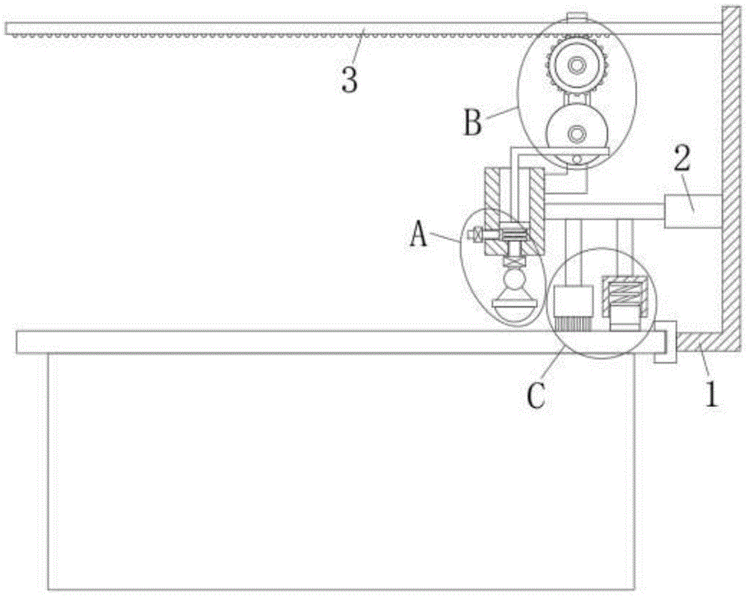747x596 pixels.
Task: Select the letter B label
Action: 472,122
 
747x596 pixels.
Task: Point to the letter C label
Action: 537,395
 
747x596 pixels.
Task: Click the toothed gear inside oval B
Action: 577,67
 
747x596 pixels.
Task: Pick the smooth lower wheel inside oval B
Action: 576,133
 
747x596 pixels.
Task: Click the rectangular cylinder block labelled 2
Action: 692,211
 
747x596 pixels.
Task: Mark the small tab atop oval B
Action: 577,16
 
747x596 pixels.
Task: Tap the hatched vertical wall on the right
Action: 730,172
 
